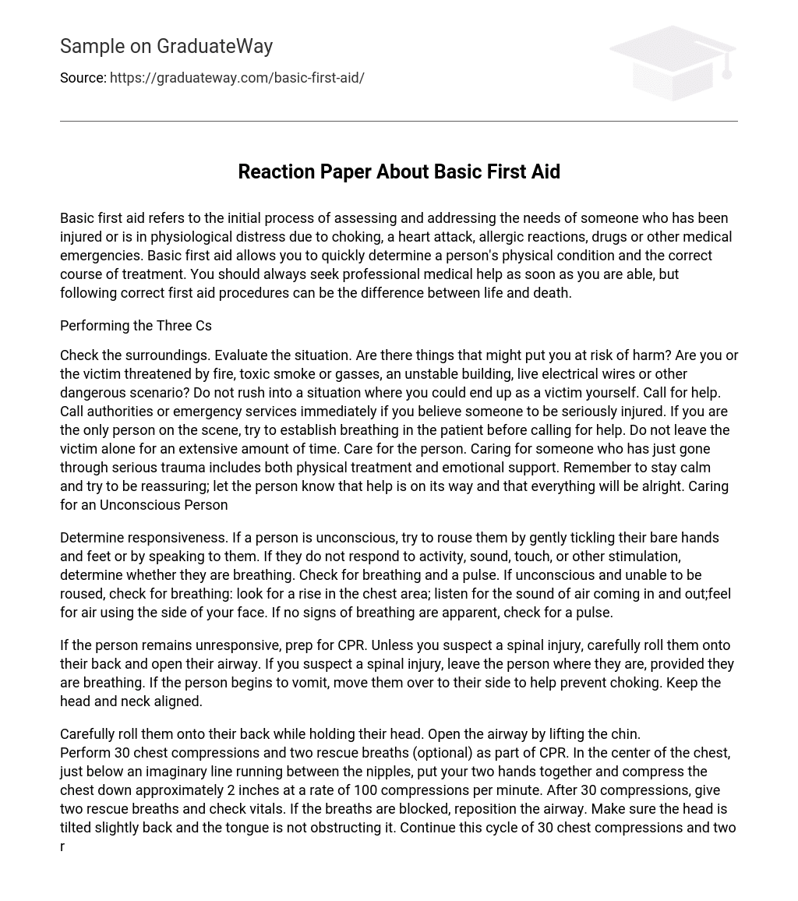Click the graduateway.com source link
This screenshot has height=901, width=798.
pyautogui.click(x=237, y=78)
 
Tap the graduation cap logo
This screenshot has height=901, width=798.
pyautogui.click(x=673, y=62)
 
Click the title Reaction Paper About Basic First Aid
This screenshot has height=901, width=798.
pyautogui.click(x=399, y=171)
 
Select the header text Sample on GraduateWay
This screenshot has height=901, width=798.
pyautogui.click(x=166, y=47)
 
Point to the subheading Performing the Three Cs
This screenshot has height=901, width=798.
pyautogui.click(x=136, y=326)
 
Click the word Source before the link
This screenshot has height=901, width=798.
pyautogui.click(x=82, y=78)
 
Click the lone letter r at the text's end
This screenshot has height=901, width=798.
pyautogui.click(x=62, y=846)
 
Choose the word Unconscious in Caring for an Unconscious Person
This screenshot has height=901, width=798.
pyautogui.click(x=137, y=505)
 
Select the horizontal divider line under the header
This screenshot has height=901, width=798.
pyautogui.click(x=399, y=122)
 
